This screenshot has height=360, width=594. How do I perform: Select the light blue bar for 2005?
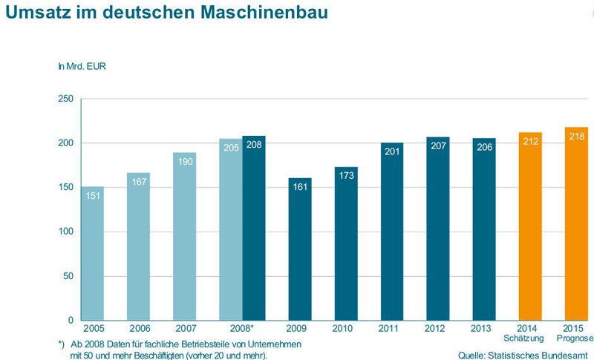point(93,253)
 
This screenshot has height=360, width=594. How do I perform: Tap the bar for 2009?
point(299,249)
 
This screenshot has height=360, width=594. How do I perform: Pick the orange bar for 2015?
point(575,223)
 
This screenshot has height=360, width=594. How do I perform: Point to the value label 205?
point(231,147)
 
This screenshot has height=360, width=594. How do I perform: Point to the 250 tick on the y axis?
point(65,99)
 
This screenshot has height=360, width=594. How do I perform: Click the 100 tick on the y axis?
point(65,232)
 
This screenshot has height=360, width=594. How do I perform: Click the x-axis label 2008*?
point(242,329)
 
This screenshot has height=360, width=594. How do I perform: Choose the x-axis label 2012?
point(437,329)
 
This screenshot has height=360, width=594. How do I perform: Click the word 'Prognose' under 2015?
point(575,338)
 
